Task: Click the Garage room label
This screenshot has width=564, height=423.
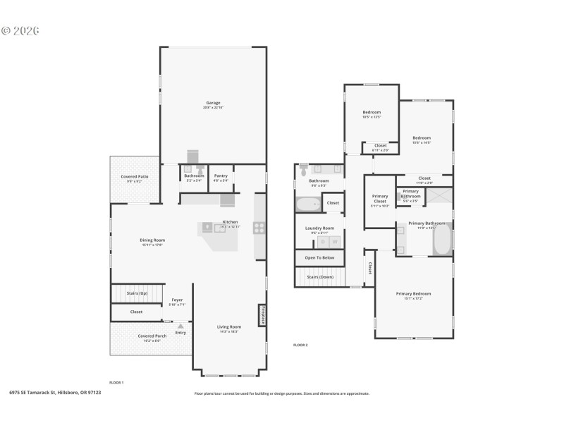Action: click(213, 103)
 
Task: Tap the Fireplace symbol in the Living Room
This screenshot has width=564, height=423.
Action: click(262, 314)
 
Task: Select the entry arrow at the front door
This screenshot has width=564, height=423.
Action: click(180, 326)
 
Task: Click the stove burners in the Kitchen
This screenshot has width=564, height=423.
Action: click(259, 227)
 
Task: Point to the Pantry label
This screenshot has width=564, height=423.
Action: click(221, 176)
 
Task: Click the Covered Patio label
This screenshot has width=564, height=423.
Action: click(134, 176)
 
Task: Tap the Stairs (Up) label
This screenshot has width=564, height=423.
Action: click(137, 293)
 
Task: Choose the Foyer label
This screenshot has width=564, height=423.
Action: click(177, 300)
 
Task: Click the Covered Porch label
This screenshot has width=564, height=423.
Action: click(152, 336)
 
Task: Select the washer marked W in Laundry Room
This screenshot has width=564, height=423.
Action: click(335, 242)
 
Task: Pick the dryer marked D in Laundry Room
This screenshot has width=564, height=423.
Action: click(324, 242)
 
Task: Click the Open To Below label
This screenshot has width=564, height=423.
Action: click(319, 258)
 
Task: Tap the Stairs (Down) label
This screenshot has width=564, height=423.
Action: click(320, 277)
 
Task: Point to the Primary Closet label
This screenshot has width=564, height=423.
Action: click(380, 200)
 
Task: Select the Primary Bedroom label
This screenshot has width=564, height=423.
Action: click(413, 294)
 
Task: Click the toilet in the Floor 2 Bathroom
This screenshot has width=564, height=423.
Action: click(303, 170)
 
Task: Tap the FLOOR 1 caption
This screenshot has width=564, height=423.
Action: click(116, 382)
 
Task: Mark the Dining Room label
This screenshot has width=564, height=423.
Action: click(152, 240)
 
